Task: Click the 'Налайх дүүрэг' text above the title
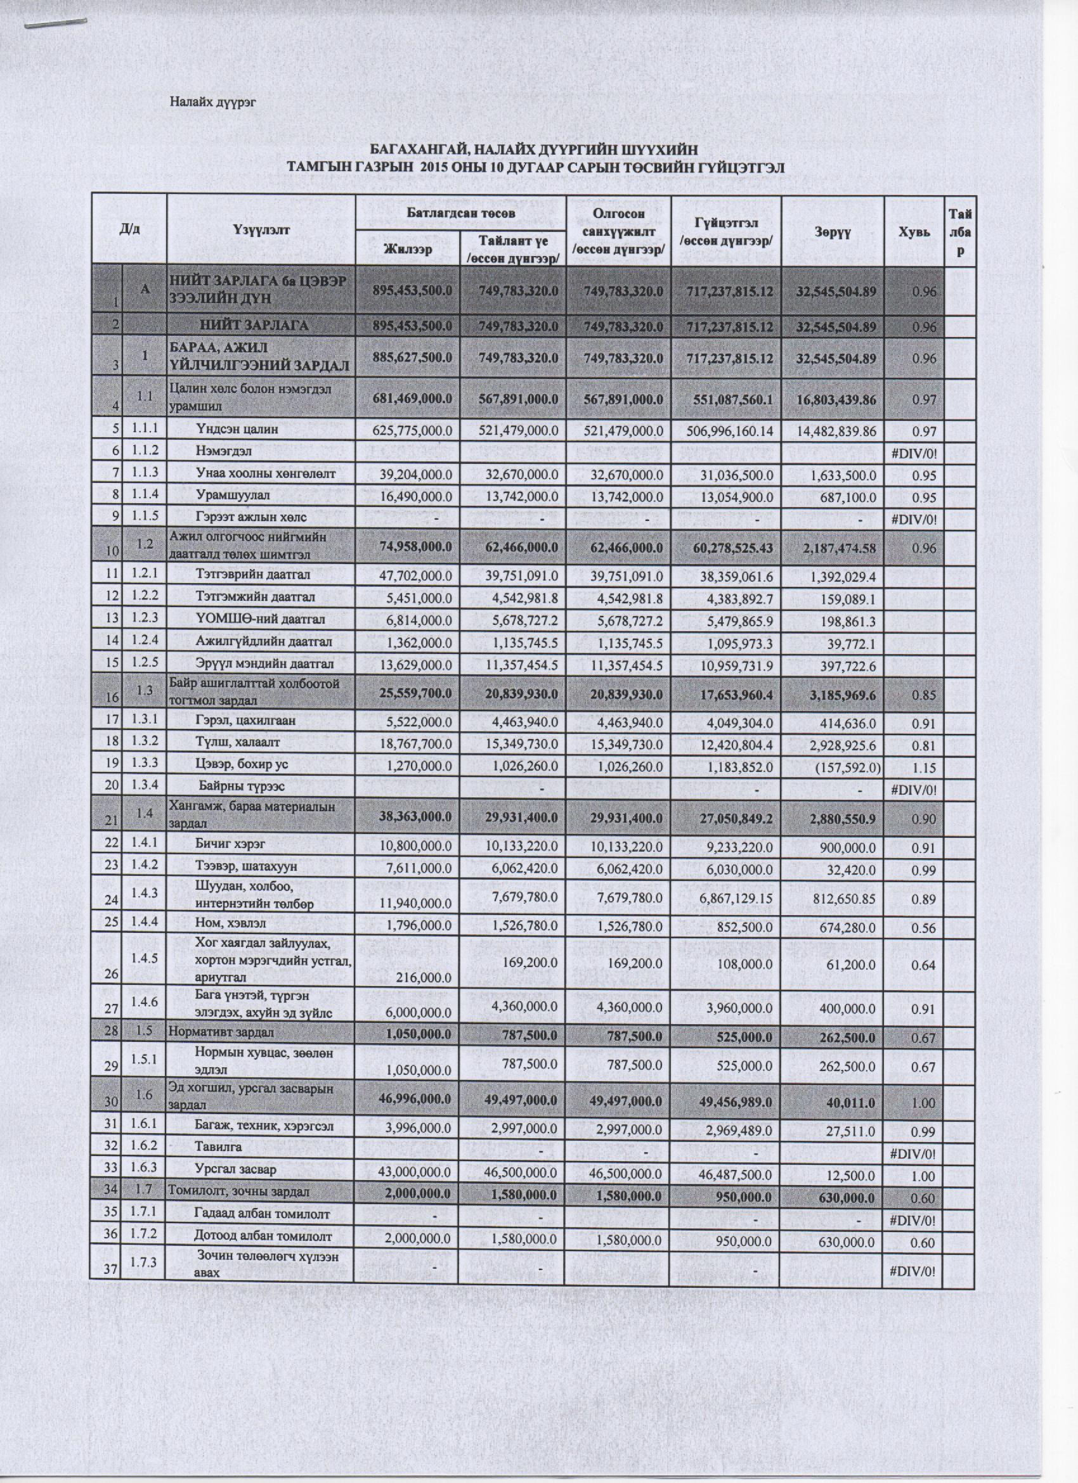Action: coord(212,102)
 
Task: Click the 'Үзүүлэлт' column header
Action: coord(261,229)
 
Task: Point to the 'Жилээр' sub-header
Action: coord(408,249)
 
